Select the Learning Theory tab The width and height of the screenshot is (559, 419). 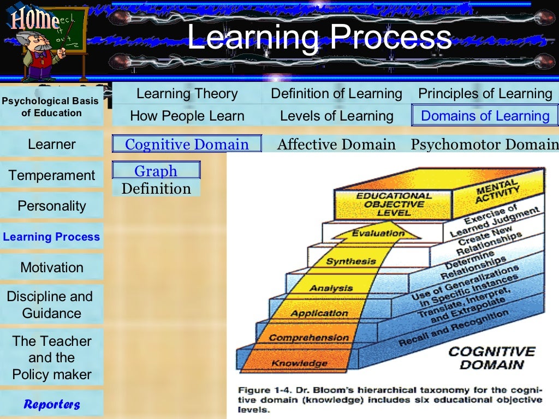click(x=187, y=94)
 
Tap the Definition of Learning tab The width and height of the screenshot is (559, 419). click(x=336, y=94)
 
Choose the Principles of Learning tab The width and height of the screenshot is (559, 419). click(x=485, y=94)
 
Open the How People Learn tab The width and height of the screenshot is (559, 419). click(x=187, y=116)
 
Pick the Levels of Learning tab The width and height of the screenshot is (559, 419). click(x=336, y=116)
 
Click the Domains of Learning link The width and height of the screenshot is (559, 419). click(x=485, y=116)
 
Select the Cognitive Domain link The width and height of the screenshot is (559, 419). click(x=187, y=144)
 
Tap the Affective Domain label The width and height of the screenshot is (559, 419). click(x=336, y=144)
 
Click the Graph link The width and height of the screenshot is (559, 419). click(x=156, y=171)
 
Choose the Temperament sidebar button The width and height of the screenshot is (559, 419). click(x=52, y=175)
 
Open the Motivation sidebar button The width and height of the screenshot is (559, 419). click(x=52, y=267)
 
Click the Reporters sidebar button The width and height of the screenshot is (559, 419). click(x=52, y=404)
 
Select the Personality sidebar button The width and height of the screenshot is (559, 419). click(x=52, y=206)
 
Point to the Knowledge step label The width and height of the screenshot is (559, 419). click(x=292, y=363)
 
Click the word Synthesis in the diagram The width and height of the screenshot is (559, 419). click(x=351, y=261)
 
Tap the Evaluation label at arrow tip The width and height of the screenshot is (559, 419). click(x=378, y=234)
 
